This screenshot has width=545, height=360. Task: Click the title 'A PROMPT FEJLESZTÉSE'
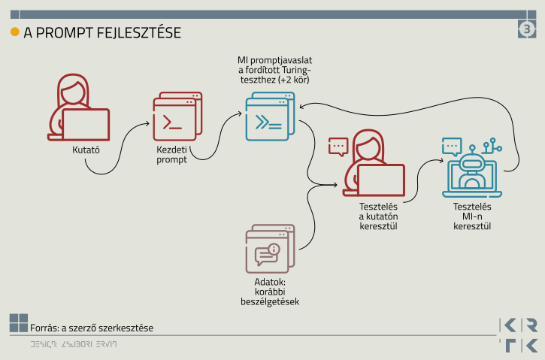(x=102, y=33)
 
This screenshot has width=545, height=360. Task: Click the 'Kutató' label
(x=86, y=150)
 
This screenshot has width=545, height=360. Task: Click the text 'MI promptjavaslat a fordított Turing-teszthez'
(x=273, y=69)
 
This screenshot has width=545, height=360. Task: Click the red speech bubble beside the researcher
(x=338, y=146)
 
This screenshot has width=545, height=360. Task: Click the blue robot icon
(x=473, y=169)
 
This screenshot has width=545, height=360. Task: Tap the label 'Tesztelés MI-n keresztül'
(x=472, y=216)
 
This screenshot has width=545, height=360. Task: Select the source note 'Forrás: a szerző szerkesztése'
(x=92, y=328)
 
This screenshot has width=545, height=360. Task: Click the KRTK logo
(x=519, y=335)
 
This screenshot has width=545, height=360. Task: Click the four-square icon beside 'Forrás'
(x=18, y=323)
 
